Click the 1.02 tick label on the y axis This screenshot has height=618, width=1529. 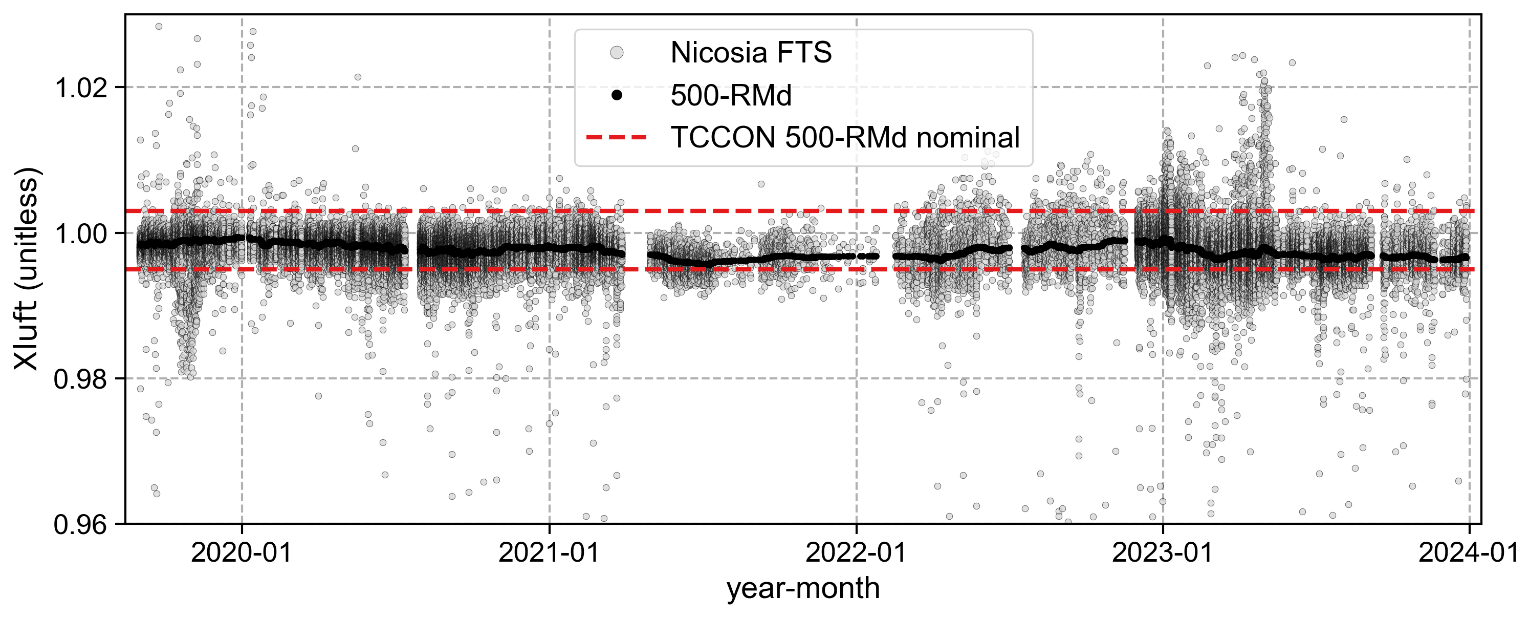[x=81, y=89]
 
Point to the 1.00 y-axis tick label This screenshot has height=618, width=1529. [x=81, y=234]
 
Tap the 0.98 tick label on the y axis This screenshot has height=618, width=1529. [x=81, y=379]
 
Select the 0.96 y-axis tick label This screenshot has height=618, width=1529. [x=81, y=525]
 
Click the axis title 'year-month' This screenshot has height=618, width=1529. [x=803, y=589]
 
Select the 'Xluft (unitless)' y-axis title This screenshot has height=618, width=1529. [x=27, y=269]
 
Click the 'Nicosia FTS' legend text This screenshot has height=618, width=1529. [x=751, y=53]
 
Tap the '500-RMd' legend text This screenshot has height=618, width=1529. [x=731, y=96]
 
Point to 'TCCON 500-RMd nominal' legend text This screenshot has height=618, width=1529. [x=845, y=138]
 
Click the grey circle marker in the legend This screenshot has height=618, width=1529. [x=617, y=53]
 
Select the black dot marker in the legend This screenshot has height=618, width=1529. [x=617, y=95]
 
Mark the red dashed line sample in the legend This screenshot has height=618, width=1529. [x=617, y=138]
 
